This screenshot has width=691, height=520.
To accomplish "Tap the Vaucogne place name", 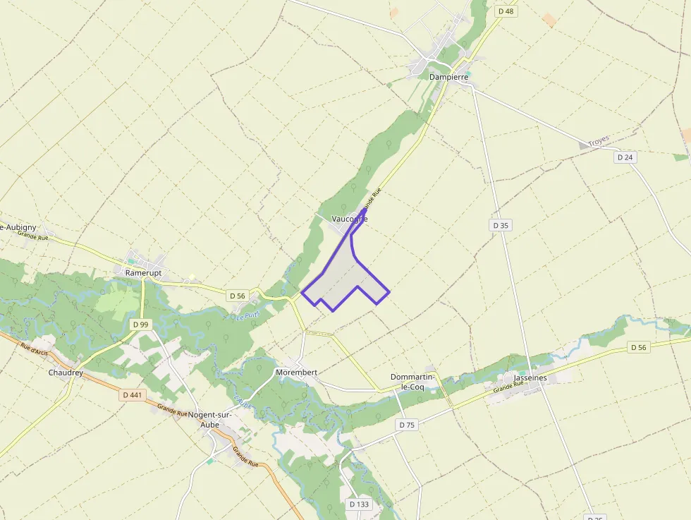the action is pyautogui.click(x=349, y=219).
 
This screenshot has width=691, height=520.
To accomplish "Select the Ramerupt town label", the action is pyautogui.click(x=143, y=272).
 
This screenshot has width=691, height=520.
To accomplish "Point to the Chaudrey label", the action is pyautogui.click(x=66, y=372).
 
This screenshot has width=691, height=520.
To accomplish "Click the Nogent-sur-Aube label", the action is pyautogui.click(x=209, y=420).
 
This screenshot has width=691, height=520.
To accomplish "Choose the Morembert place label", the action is pyautogui.click(x=297, y=372).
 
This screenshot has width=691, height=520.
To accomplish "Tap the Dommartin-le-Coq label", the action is pyautogui.click(x=417, y=382).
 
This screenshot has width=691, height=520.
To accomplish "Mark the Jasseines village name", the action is pyautogui.click(x=531, y=377).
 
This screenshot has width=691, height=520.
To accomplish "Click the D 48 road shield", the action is pyautogui.click(x=506, y=11).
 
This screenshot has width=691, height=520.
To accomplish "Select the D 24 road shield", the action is pyautogui.click(x=625, y=157).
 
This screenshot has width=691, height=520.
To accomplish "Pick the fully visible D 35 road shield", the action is pyautogui.click(x=501, y=225).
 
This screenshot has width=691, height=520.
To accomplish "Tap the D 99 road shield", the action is pyautogui.click(x=140, y=324).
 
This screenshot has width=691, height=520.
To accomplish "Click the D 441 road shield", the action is pyautogui.click(x=132, y=395).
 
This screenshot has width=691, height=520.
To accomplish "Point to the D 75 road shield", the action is pyautogui.click(x=407, y=425).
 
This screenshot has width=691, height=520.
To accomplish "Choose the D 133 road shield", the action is pyautogui.click(x=359, y=504).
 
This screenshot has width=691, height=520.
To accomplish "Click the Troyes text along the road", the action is pyautogui.click(x=598, y=141).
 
